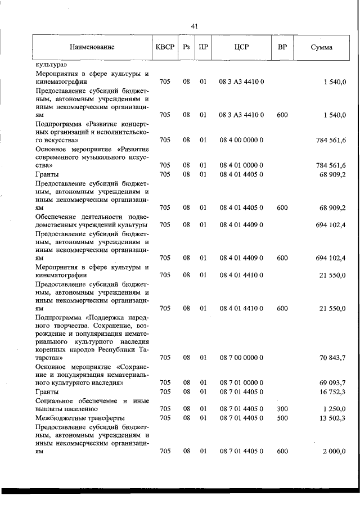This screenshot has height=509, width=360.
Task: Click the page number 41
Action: (x=194, y=26)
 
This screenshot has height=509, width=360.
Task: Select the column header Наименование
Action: (x=92, y=47)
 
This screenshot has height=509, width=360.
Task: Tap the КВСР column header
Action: (x=165, y=47)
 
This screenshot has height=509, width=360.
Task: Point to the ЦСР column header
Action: (x=242, y=47)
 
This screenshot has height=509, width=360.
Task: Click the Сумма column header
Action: (x=321, y=47)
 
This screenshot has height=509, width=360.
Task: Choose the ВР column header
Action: (x=282, y=47)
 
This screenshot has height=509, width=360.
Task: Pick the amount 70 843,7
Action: (x=332, y=357)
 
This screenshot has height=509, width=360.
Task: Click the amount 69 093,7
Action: (x=332, y=383)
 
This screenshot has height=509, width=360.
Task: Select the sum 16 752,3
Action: (x=332, y=391)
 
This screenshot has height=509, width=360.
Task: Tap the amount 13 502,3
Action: (x=332, y=418)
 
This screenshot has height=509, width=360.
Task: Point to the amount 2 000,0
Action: (x=334, y=451)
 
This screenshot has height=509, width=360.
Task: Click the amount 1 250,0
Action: (x=334, y=409)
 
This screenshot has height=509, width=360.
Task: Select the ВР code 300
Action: (x=282, y=409)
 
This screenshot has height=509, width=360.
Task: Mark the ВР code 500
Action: (x=282, y=418)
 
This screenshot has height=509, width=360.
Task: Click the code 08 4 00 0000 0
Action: (x=242, y=140)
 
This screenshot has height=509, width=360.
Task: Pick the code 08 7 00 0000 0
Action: (x=242, y=357)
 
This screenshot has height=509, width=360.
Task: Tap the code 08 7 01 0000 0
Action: (x=242, y=383)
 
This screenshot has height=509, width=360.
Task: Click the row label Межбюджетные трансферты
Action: (x=80, y=418)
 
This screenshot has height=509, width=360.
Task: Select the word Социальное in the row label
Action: (x=56, y=400)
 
